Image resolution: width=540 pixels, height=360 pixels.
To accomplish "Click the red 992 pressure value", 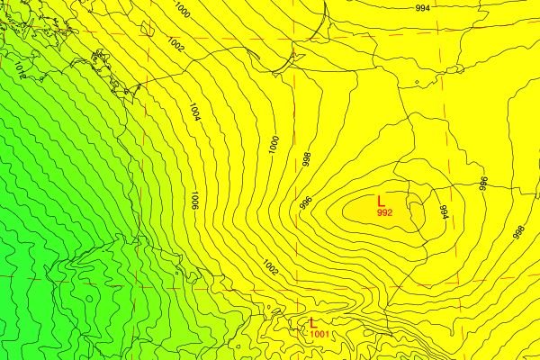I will [x=384, y=213].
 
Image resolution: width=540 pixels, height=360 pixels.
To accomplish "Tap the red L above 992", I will [x=382, y=201].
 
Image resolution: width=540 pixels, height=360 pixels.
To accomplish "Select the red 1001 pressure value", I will [x=319, y=335].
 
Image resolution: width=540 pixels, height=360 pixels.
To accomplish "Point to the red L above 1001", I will [x=312, y=323].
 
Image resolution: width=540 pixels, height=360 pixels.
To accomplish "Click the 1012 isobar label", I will [x=19, y=72].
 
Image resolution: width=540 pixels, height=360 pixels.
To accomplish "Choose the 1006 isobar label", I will [x=193, y=200].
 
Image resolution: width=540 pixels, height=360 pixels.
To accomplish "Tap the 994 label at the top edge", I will [x=422, y=7].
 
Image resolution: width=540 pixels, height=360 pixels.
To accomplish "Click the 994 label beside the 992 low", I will [x=443, y=212].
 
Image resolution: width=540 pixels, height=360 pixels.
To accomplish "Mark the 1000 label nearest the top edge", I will [x=183, y=11].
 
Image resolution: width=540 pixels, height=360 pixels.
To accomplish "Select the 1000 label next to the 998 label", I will [x=273, y=144].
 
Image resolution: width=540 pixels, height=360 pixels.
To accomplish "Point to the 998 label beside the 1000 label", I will [x=306, y=159].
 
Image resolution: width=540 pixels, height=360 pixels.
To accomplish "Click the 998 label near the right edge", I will [x=518, y=231].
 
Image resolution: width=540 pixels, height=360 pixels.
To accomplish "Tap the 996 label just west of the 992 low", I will [x=305, y=203].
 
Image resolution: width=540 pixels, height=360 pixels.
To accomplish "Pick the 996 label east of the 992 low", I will [x=482, y=184].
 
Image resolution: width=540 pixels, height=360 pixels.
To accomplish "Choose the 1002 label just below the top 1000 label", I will [x=175, y=44].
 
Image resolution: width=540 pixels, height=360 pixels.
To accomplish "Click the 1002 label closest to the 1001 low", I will [x=270, y=266].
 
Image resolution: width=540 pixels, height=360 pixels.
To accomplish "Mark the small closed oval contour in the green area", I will [x=89, y=298].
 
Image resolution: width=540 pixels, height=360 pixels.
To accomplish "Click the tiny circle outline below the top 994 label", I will [x=417, y=86].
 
